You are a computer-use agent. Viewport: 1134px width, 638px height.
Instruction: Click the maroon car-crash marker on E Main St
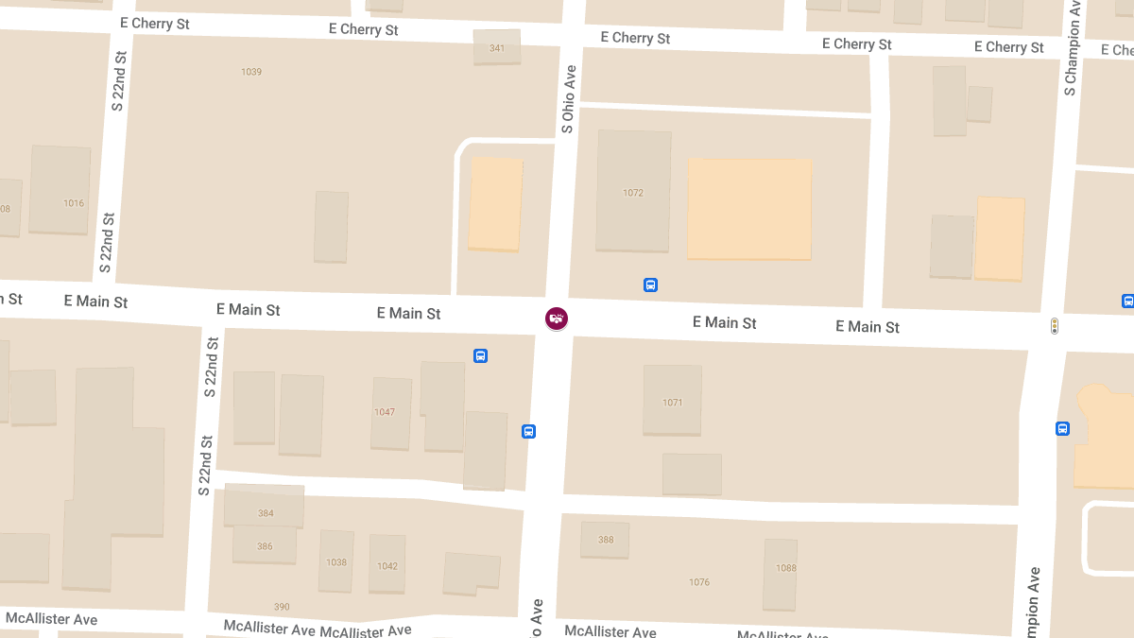pos(557,319)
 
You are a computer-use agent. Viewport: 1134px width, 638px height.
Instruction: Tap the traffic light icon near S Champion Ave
pos(1054,326)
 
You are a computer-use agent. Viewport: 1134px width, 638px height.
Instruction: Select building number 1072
pos(633,193)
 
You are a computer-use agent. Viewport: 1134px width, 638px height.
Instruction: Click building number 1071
pos(672,403)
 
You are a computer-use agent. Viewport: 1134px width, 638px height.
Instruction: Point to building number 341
pos(497,48)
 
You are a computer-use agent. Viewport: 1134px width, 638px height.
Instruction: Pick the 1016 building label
pos(74,203)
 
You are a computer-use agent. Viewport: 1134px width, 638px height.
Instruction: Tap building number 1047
pos(385,412)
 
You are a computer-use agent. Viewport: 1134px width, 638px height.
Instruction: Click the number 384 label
pos(266,513)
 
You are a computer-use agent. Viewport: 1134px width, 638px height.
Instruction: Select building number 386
pos(265,546)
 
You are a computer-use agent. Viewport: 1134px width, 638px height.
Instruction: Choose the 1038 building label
pos(336,562)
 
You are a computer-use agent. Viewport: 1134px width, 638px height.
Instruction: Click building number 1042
pos(387,566)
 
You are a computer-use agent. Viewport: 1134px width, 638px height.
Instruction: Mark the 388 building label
pos(606,540)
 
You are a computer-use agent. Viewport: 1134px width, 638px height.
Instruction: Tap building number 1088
pos(785,568)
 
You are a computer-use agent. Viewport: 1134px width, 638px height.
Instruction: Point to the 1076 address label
pos(699,582)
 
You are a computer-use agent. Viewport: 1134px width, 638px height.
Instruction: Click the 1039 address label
pos(251,72)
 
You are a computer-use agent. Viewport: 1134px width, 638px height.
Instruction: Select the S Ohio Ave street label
pos(568,98)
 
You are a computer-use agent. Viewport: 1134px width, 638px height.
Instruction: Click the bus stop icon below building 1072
pos(650,285)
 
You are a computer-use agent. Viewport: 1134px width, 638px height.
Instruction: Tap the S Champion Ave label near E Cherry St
pos(1071,47)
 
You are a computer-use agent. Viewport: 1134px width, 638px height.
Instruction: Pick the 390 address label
pos(282,607)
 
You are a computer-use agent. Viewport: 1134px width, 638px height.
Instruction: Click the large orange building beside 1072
pos(749,208)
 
